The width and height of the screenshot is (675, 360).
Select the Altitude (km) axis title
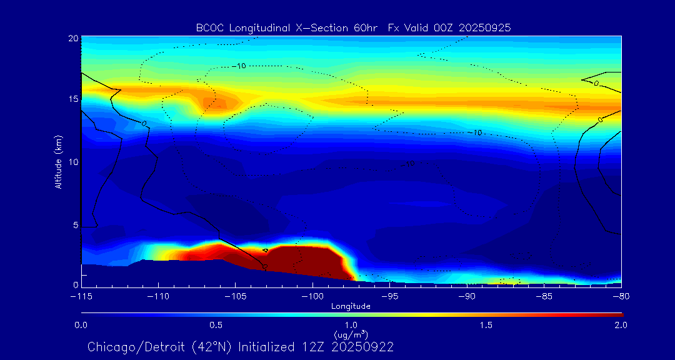click(58, 161)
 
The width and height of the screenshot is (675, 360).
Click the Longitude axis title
click(351, 306)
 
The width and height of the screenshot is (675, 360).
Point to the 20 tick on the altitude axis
click(72, 39)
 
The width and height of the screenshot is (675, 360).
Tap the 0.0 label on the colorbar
click(81, 325)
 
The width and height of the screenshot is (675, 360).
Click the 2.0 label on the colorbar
click(621, 325)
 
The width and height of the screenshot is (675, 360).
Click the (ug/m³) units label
click(351, 335)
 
